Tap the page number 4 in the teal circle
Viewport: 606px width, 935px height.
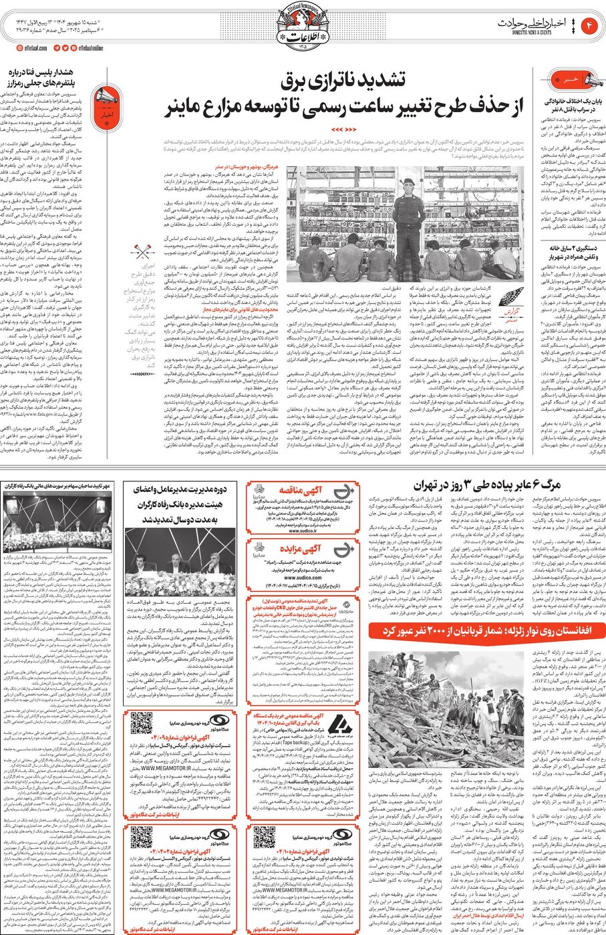(591, 25)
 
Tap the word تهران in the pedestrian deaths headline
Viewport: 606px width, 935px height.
(427, 486)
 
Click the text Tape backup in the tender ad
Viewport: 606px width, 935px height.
(295, 742)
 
